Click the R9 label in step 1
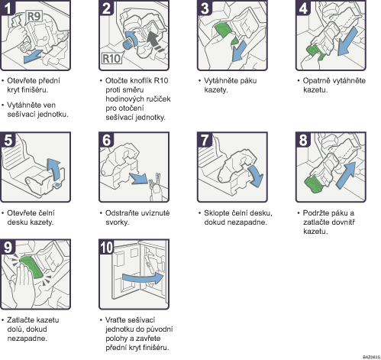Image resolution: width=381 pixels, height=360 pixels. pyautogui.click(x=34, y=16)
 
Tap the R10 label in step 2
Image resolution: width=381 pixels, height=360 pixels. pyautogui.click(x=111, y=58)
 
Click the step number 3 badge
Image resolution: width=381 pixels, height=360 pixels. pyautogui.click(x=205, y=8)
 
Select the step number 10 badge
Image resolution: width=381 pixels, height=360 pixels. pyautogui.click(x=106, y=247)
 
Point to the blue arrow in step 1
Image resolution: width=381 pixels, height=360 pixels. pyautogui.click(x=32, y=57)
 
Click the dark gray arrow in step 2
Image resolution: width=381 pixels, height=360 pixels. pyautogui.click(x=155, y=41)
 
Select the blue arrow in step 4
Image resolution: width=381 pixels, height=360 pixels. pyautogui.click(x=347, y=41)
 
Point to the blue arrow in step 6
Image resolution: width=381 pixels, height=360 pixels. pyautogui.click(x=139, y=178)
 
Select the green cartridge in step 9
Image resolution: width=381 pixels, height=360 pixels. pyautogui.click(x=31, y=268)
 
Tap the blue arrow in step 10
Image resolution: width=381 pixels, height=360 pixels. pyautogui.click(x=143, y=277)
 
